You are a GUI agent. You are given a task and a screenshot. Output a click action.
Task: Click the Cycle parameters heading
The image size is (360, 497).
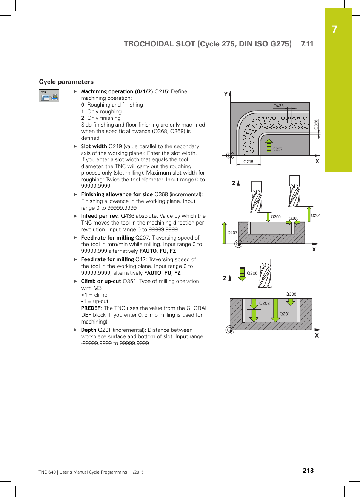[x=66, y=82]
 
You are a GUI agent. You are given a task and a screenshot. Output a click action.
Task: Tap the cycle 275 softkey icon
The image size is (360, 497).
[x=49, y=96]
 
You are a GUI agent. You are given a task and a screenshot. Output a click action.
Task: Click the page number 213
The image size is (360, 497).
[x=308, y=471]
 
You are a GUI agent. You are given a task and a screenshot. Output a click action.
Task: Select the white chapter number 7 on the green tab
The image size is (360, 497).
[x=334, y=29]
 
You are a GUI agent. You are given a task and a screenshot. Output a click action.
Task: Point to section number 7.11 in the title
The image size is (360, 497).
[x=307, y=44]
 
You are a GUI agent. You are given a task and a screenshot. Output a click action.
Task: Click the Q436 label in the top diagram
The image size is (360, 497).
[x=278, y=106]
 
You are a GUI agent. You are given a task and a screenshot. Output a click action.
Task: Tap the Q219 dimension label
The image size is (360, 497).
[x=248, y=161]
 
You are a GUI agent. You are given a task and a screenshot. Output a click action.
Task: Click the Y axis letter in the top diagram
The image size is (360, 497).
[x=226, y=94]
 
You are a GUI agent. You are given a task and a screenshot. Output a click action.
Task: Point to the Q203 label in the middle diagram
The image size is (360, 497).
[x=232, y=232]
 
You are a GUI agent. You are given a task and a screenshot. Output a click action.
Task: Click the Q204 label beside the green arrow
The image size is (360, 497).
[x=316, y=215]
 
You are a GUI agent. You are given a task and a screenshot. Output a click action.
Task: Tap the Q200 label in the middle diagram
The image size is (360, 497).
[x=276, y=217]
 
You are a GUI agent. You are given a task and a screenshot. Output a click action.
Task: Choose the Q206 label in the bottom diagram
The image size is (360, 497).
[x=252, y=273]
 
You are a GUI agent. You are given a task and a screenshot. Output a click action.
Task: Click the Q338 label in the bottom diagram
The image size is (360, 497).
[x=291, y=294]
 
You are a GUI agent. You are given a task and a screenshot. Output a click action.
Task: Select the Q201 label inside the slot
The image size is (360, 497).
[x=285, y=314]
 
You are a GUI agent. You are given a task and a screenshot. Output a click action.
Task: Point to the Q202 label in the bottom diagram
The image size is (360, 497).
[x=265, y=303]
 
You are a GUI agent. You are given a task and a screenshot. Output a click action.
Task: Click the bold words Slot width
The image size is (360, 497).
[x=94, y=146]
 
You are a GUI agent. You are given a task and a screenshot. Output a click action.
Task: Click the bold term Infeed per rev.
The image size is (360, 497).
[x=100, y=216]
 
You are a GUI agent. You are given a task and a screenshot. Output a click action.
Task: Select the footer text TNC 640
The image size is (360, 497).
[x=47, y=472]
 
